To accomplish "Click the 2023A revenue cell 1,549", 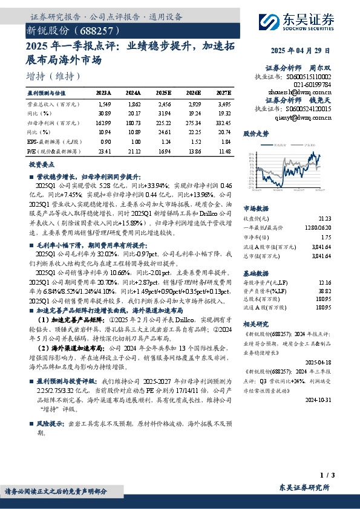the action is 105,105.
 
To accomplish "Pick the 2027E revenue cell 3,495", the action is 223,105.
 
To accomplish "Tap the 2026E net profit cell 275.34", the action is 192,123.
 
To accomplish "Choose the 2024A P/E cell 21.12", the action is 133,152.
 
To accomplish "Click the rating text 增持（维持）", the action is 54,76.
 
